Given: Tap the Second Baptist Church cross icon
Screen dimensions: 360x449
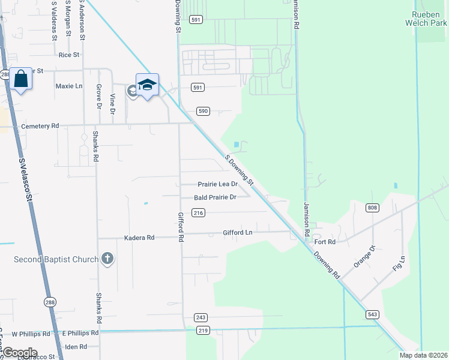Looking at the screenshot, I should point(107,259).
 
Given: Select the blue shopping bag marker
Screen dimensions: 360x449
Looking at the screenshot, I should point(20,79).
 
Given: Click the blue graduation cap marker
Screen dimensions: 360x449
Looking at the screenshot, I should point(146,85).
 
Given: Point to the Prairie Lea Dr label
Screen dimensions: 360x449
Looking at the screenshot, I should point(218,184).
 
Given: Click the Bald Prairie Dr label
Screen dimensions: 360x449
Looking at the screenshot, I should point(215,197).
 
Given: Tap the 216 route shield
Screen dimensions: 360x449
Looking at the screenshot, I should point(199,212).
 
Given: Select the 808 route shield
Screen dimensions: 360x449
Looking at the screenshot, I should point(373,208).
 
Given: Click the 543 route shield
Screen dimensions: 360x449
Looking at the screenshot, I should point(372,314).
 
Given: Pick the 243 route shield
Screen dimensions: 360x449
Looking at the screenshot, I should point(200,317).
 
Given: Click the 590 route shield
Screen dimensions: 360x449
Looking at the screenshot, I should point(203,111).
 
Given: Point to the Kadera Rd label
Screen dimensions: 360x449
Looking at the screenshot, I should point(139,238).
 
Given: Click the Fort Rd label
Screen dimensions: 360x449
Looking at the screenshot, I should point(324,242).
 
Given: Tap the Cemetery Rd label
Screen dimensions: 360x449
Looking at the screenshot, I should point(40,126).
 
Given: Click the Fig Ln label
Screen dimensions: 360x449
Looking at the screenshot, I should point(399,264).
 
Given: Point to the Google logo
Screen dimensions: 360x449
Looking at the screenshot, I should point(20,353).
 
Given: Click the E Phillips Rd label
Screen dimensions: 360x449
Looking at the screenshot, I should point(80,332).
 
